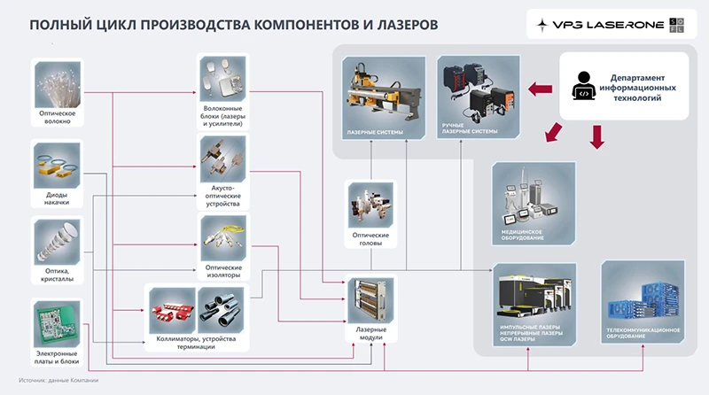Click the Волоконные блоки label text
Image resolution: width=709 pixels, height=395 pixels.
click(222, 114)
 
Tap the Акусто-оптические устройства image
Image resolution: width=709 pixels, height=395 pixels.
click(222, 160)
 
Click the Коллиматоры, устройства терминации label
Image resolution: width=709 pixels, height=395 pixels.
click(195, 342)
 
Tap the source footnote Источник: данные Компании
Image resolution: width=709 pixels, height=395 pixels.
click(61, 381)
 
